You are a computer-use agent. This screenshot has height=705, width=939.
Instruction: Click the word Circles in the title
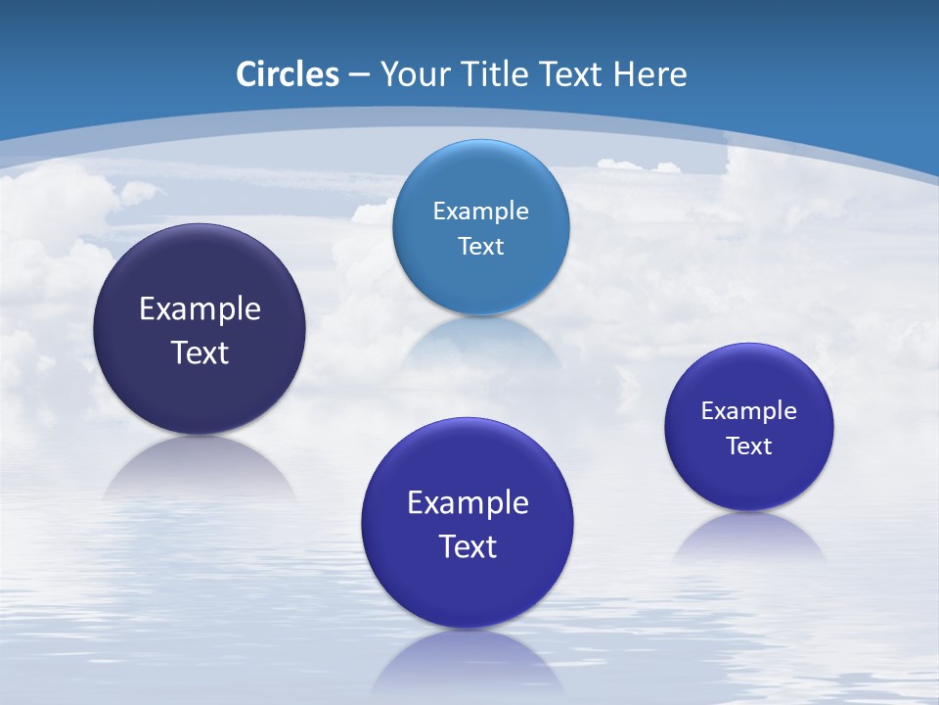coord(287,74)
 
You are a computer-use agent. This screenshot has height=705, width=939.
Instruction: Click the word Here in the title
coord(650,74)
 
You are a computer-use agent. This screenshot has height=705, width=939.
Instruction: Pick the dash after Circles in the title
coord(359,75)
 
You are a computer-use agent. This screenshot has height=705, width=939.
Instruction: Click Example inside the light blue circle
coord(480,211)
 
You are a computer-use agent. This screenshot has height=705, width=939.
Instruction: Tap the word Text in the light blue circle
coord(480,247)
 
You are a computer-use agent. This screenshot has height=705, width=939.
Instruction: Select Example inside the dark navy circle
coord(200,309)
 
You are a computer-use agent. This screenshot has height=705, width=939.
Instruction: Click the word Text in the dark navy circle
coord(200,352)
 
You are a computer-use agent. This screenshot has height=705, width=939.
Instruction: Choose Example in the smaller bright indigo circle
coord(748,411)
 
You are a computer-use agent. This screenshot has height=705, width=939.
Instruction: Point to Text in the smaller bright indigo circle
coord(748,446)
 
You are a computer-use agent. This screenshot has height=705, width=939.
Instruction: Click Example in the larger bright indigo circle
coord(468,503)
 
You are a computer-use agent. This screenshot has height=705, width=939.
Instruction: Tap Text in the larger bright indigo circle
coord(468,546)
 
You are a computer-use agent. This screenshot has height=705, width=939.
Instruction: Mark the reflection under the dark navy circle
coord(200,465)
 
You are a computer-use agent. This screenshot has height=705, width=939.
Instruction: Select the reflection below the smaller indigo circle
coord(748,534)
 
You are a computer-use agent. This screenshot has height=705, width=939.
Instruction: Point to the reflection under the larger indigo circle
coord(468,661)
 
